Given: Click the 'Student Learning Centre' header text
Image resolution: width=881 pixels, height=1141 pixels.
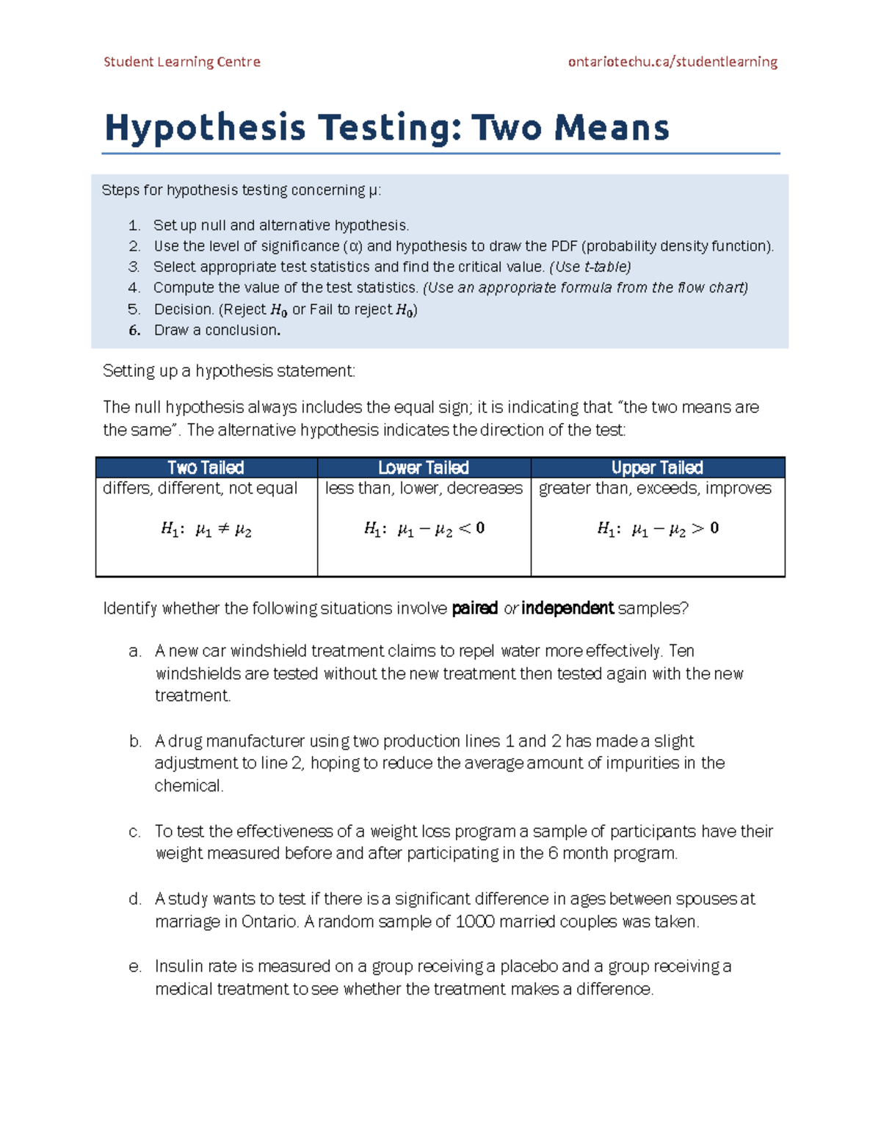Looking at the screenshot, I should tap(181, 62).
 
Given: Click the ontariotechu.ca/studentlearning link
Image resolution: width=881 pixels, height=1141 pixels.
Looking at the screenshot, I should tap(672, 62).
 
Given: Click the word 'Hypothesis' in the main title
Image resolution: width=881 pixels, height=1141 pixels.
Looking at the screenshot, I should tap(205, 128).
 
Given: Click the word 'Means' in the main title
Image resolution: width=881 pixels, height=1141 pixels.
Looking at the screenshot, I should tap(612, 128).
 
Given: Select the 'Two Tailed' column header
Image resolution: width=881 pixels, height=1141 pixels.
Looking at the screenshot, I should tap(206, 468).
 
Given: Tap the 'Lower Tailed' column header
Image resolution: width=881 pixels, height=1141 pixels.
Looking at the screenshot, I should tap(424, 468).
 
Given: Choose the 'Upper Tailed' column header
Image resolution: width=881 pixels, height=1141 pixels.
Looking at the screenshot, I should tap(657, 468).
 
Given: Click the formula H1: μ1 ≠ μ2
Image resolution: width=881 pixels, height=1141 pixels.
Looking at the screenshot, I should tap(206, 530).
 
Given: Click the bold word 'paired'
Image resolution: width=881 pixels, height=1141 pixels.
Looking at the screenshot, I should tap(474, 608).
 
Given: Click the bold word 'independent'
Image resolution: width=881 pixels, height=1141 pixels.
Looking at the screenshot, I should tap(567, 608).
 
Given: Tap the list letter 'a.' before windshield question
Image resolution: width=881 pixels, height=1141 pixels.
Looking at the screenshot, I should tap(135, 652).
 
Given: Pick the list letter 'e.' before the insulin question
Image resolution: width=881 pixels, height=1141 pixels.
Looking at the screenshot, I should tap(135, 967).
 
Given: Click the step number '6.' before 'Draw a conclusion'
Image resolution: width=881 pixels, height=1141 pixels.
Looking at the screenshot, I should tap(134, 331).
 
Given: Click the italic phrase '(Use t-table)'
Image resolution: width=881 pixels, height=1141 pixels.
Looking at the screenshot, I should tap(590, 267).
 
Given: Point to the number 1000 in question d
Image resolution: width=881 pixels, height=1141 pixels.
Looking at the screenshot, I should tap(475, 922).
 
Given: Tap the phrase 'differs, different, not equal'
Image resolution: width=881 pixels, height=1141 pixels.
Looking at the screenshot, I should tap(200, 489).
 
